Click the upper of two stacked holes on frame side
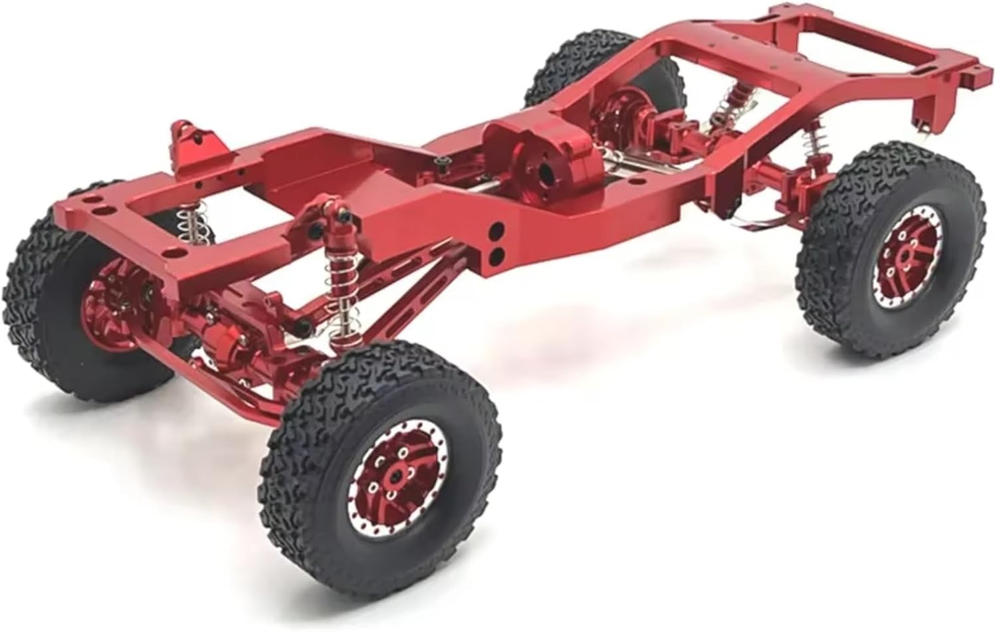pyautogui.click(x=495, y=232)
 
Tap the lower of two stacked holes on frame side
pyautogui.click(x=495, y=253)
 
